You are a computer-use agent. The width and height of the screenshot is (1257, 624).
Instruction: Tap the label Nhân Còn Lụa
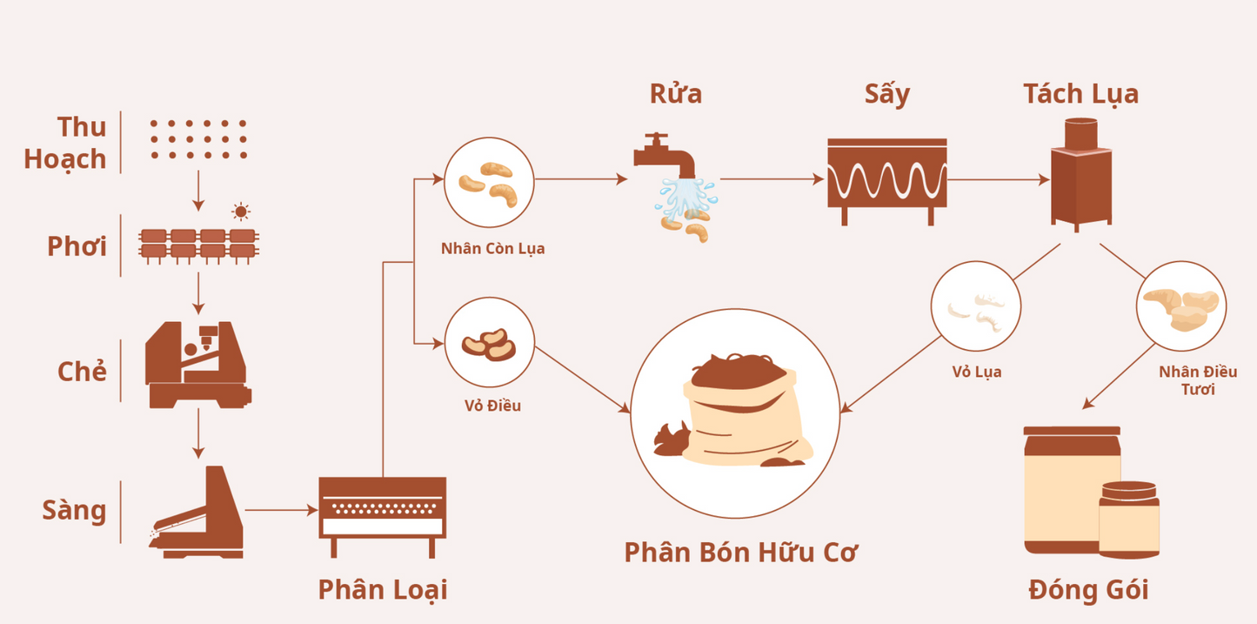(x=492, y=249)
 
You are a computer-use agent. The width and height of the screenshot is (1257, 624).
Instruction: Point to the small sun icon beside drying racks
(x=241, y=211)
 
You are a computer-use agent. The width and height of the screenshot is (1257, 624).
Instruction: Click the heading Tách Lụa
(x=1080, y=94)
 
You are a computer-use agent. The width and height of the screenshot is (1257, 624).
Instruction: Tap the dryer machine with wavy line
(x=886, y=181)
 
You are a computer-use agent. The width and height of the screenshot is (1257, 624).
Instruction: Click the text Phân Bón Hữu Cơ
(x=740, y=552)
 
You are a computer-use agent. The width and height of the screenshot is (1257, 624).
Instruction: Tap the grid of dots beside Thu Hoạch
(x=197, y=139)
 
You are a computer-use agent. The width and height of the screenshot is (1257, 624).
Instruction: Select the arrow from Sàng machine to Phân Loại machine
(x=280, y=511)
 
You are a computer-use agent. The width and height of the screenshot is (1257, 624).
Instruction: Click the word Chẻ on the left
(x=82, y=372)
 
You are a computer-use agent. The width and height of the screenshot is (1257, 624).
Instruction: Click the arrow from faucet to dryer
(x=771, y=179)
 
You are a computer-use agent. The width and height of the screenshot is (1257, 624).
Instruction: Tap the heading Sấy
(x=886, y=94)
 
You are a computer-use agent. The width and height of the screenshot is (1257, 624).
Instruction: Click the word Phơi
(x=77, y=246)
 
